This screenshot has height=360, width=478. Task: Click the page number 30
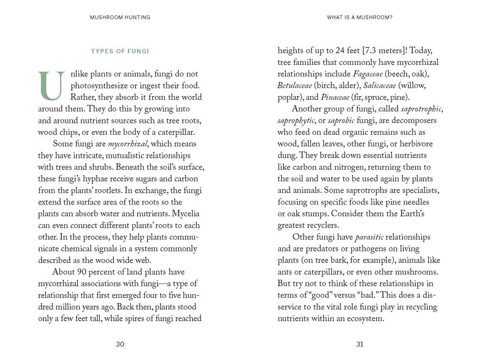120,344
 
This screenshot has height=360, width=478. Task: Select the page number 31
360,344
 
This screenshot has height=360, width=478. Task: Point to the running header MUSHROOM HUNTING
120,17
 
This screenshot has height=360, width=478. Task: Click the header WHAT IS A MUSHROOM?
360,17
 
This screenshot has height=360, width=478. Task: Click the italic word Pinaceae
335,98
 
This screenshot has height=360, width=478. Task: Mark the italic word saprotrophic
422,109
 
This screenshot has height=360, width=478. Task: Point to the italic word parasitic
370,237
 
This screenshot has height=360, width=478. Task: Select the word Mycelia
185,214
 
